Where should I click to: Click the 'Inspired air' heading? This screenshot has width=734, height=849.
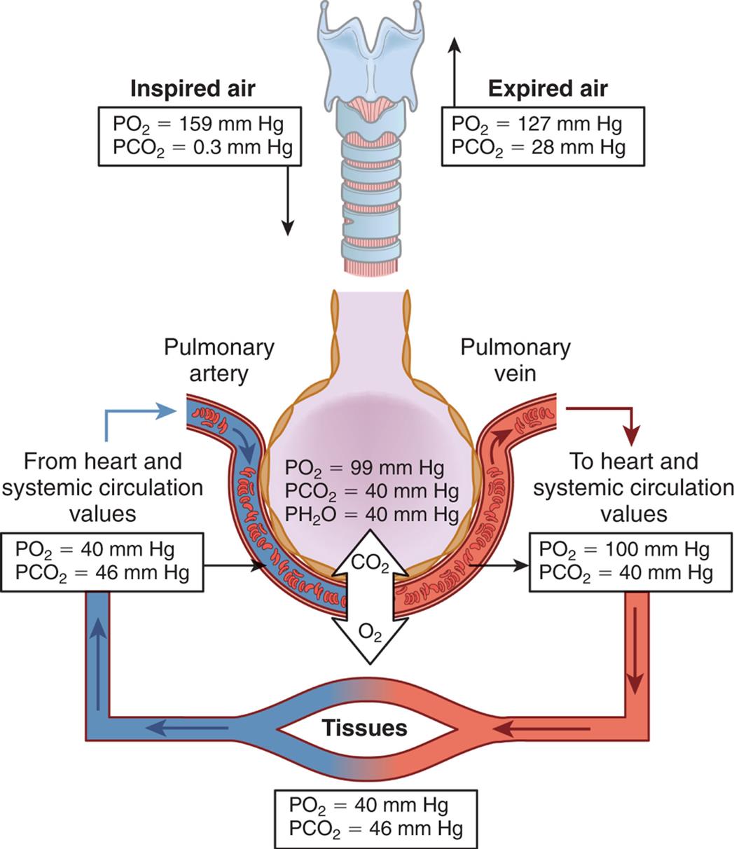(193, 89)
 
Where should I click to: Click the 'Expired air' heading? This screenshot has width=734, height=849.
(547, 89)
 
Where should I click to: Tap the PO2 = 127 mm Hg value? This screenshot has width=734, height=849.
(536, 125)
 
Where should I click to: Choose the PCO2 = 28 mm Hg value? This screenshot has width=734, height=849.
(538, 147)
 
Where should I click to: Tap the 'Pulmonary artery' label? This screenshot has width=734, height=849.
(219, 360)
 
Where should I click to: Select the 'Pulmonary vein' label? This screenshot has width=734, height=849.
(515, 360)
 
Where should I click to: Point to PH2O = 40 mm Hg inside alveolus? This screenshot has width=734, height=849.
(372, 515)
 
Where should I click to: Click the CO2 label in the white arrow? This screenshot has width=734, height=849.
(369, 562)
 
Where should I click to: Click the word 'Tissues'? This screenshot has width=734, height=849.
(364, 728)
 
